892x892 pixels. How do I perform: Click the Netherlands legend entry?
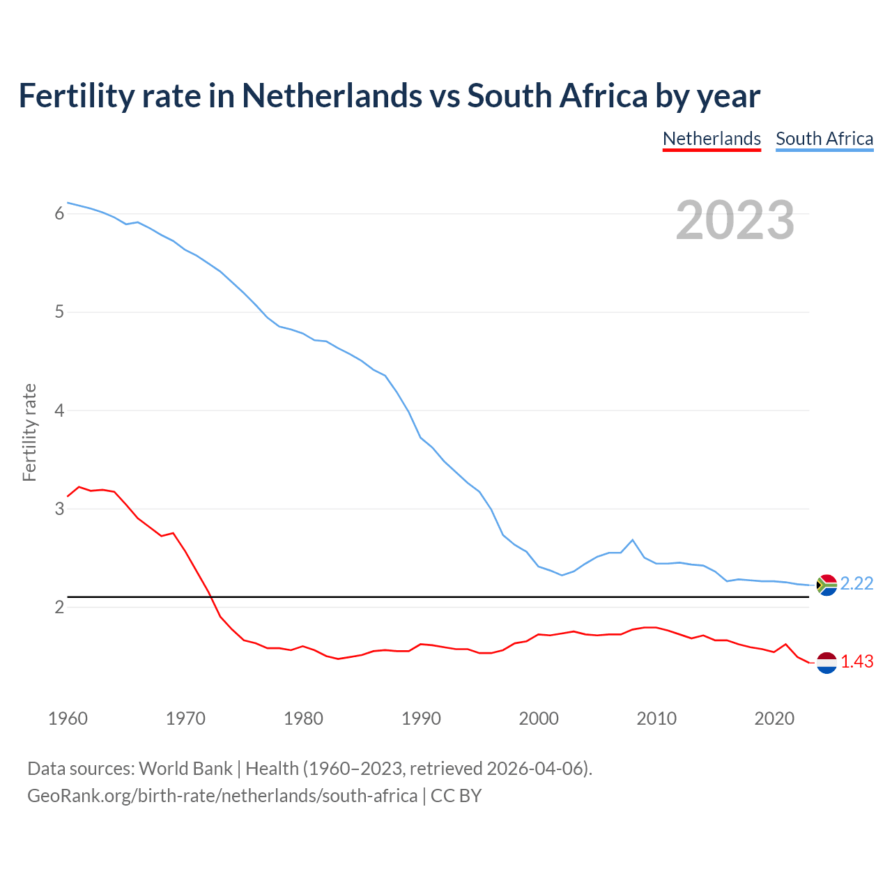click(x=712, y=139)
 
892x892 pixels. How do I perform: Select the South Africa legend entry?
click(x=824, y=139)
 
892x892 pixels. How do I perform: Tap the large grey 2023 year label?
click(x=735, y=220)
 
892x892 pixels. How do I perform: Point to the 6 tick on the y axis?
click(x=59, y=214)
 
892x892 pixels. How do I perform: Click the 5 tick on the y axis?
click(x=59, y=312)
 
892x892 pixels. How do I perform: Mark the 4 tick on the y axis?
click(x=59, y=410)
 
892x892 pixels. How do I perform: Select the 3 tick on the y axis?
click(x=59, y=509)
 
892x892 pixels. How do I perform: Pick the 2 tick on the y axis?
click(x=59, y=607)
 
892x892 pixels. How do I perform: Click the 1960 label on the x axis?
click(x=68, y=718)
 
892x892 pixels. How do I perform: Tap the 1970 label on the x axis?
click(x=185, y=718)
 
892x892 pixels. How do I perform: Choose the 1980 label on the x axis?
click(x=303, y=718)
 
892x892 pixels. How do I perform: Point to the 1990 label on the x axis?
click(x=421, y=718)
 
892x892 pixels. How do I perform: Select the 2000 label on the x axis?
click(x=539, y=718)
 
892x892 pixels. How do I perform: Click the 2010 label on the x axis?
click(x=656, y=718)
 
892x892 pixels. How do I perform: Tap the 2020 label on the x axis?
click(x=774, y=718)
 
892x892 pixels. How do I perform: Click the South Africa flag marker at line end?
click(x=826, y=585)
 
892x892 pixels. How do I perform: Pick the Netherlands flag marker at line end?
click(x=826, y=663)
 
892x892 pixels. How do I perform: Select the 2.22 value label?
click(x=856, y=584)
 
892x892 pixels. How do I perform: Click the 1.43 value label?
click(x=856, y=662)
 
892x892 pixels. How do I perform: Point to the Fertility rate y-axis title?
click(x=29, y=432)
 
